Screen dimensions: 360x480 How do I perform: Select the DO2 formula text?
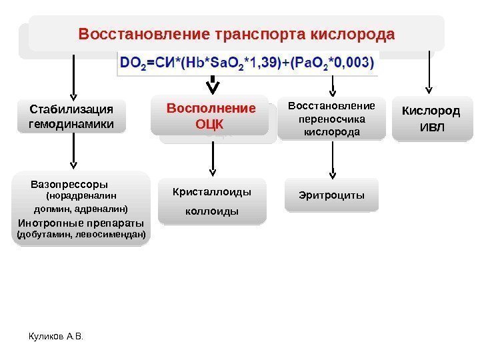247,64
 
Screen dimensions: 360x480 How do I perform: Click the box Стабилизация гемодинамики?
72,116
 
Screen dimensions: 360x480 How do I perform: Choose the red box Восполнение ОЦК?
211,116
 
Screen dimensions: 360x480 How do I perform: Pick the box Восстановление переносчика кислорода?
331,119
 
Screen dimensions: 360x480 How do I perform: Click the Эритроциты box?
331,195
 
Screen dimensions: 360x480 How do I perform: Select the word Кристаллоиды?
212,192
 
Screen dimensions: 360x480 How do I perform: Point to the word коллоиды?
212,211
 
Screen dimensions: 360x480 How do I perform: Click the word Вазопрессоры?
69,183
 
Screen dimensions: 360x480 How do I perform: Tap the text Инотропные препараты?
81,222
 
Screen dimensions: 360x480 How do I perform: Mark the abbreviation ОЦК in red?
211,124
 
